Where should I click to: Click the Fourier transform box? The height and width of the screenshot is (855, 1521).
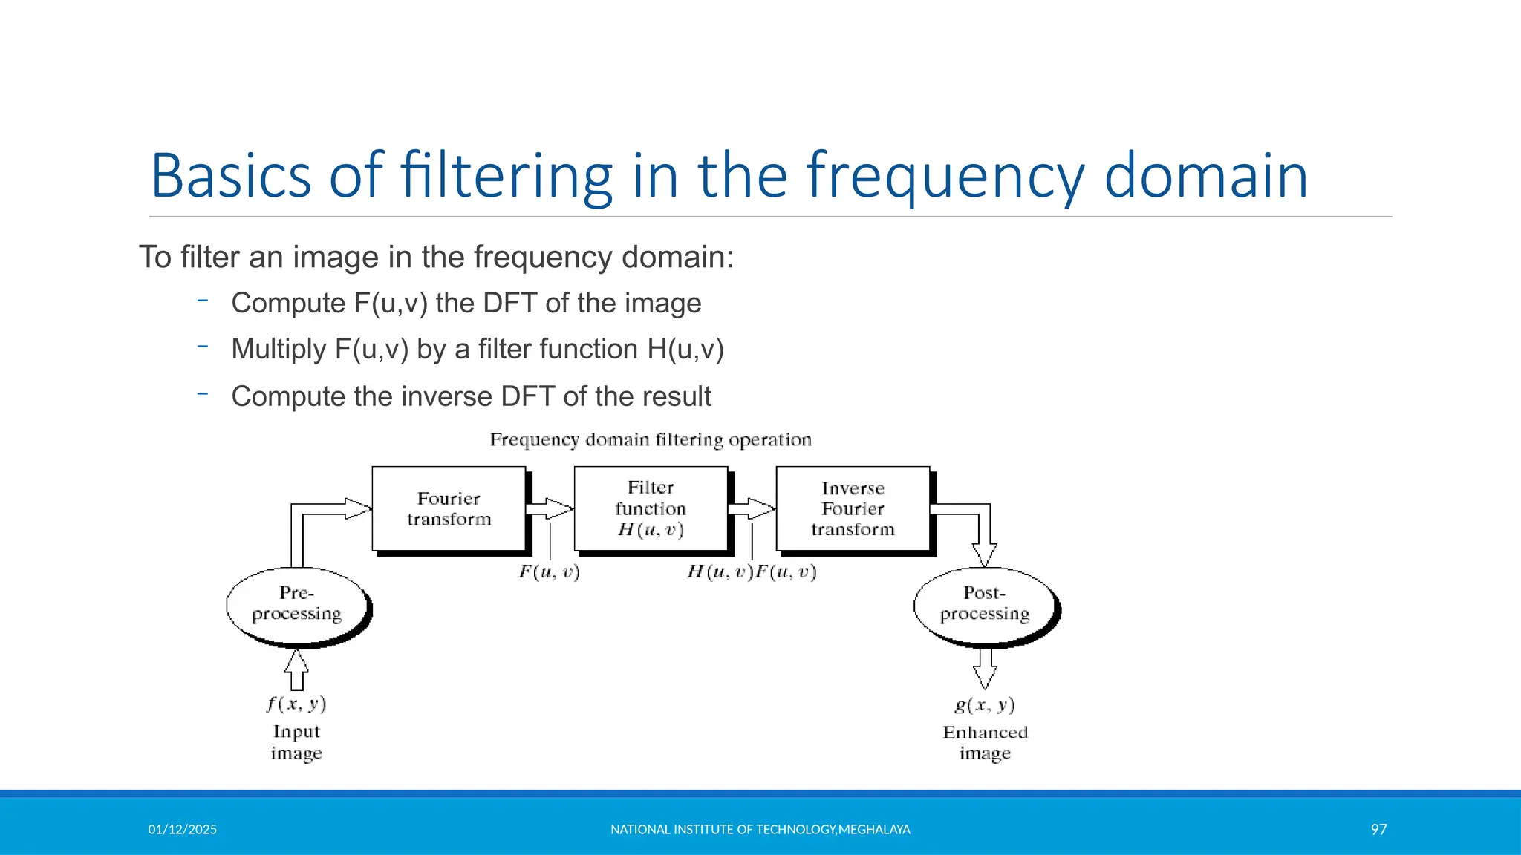449,509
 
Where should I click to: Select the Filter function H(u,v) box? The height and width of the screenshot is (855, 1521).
651,509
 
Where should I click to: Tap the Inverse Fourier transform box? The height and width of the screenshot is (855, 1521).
853,509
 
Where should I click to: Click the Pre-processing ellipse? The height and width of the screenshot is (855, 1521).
296,605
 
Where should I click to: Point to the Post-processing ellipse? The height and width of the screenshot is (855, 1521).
985,605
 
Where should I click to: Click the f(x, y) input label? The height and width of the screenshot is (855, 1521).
296,704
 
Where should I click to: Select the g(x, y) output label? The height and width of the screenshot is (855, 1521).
985,704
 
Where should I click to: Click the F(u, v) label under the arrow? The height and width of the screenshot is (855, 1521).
549,572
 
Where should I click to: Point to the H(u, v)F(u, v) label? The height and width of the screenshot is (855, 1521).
752,572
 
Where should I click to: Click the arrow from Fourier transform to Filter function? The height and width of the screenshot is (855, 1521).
550,509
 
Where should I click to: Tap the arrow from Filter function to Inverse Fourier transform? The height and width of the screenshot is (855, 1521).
752,509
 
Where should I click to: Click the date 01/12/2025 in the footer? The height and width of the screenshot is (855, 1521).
182,830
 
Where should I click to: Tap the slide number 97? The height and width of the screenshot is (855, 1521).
1378,830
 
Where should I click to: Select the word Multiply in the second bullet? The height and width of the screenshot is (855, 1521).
279,349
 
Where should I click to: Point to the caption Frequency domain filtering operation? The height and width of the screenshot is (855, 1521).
651,440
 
